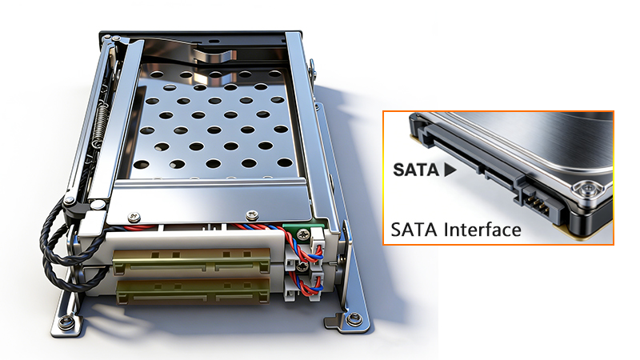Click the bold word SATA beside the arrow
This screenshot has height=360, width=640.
(416, 170)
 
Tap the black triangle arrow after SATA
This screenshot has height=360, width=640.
(450, 170)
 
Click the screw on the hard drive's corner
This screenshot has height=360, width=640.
(590, 190)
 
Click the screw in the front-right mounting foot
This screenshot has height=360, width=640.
(352, 320)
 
